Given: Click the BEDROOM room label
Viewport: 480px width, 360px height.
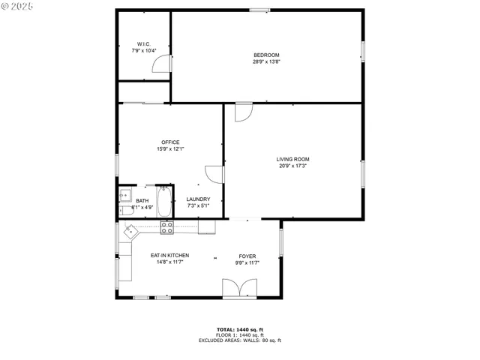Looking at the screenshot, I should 266,55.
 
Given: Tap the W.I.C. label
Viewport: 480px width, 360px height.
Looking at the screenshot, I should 144,44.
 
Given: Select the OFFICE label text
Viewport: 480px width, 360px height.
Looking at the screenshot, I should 170,142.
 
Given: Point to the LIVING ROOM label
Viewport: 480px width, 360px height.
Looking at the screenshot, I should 292,159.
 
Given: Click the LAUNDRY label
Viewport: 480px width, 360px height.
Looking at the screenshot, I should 198,199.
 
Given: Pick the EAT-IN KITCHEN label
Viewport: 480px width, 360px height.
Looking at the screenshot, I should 169,256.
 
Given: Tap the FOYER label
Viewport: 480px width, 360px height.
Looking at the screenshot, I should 247,256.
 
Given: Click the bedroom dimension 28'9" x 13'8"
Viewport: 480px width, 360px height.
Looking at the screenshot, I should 266,62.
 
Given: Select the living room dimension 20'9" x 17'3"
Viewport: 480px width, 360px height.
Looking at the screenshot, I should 292,166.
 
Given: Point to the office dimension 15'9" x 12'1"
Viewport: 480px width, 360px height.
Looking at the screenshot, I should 170,149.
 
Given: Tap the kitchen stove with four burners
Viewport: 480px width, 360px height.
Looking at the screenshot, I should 166,226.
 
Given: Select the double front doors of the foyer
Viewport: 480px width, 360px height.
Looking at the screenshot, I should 239,287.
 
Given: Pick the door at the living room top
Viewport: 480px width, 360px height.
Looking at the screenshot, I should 244,112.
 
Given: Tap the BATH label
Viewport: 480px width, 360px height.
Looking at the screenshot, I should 142,200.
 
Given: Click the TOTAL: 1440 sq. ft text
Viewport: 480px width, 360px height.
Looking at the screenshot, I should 239,329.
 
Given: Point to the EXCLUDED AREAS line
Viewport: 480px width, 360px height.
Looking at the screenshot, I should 239,340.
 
